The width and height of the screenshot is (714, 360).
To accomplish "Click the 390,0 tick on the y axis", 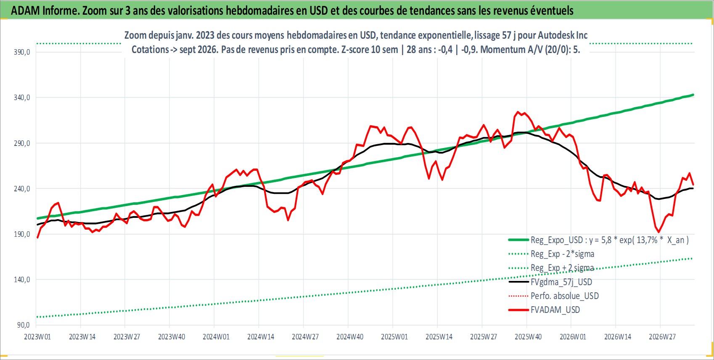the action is (x=22, y=52).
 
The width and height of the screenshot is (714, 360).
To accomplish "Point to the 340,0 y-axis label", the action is (x=22, y=98).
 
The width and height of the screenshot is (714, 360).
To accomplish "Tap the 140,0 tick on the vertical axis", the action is (x=22, y=280).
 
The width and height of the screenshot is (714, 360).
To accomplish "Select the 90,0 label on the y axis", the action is (x=23, y=325).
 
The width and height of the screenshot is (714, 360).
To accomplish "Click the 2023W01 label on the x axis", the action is (x=37, y=337).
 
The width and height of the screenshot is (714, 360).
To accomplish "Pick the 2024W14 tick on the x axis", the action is (x=261, y=337).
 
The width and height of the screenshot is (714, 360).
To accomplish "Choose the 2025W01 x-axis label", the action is (x=394, y=337).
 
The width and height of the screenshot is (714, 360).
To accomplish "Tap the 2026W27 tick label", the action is (x=662, y=337).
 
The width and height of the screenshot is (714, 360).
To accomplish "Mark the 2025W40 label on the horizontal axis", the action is (x=528, y=337).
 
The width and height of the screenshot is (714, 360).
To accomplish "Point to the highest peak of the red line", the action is (x=518, y=112).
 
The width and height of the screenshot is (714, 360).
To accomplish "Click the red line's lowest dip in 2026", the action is (x=659, y=232).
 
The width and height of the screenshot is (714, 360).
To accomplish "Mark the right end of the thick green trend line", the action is (x=693, y=95).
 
